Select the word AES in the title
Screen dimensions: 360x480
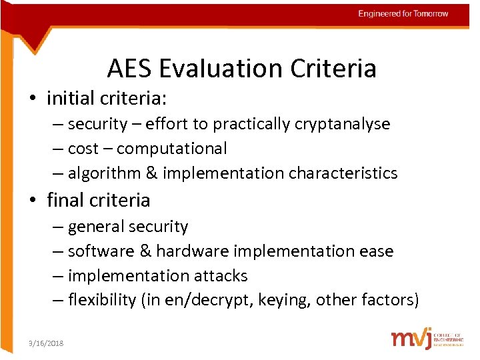point(129,68)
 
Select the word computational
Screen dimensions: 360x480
point(171,149)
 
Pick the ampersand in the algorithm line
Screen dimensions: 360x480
point(151,173)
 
